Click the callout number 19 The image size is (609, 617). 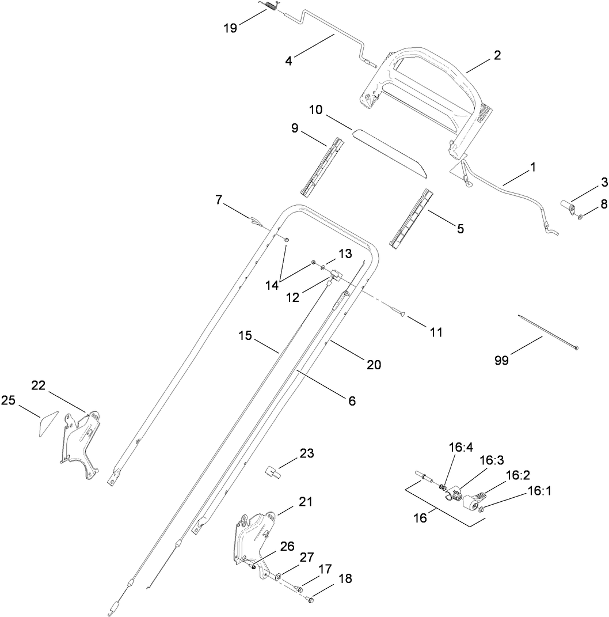(231, 28)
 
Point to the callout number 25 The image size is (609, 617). (8, 400)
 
